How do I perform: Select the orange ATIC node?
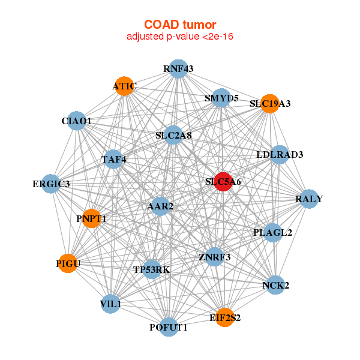124,86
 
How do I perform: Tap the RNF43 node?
178,69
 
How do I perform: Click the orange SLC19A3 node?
270,104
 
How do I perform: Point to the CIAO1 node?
76,121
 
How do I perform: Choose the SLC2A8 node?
173,136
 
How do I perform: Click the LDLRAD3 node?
280,155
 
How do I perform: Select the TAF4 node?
113,160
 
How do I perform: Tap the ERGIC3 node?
51,184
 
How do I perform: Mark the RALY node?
308,199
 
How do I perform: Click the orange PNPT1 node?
91,218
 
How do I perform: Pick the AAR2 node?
160,206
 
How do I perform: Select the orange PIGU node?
68,263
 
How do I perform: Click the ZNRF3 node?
214,257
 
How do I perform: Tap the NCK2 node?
275,285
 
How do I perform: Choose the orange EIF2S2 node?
225,317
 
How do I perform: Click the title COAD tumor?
179,25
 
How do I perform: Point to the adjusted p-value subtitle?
179,37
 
